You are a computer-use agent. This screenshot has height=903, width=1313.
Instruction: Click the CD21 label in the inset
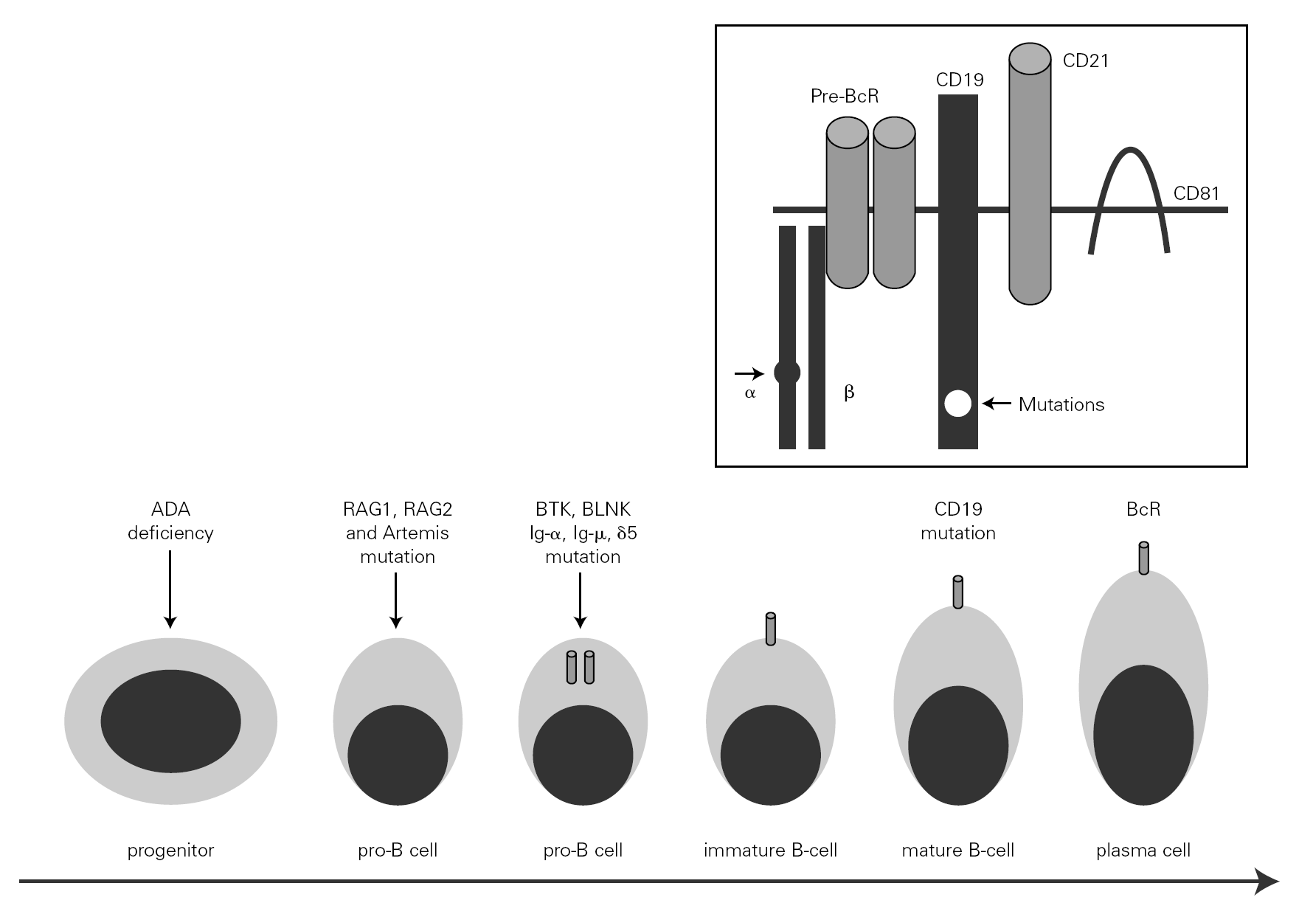click(1085, 60)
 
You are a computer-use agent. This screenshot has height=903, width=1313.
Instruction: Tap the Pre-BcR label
click(844, 97)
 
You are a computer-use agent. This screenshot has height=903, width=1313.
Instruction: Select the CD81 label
click(1196, 193)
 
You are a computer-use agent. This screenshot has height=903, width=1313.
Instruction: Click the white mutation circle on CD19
click(957, 404)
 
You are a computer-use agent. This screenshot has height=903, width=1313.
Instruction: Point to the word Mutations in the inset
click(1061, 404)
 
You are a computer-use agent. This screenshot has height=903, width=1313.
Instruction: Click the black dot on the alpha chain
click(787, 373)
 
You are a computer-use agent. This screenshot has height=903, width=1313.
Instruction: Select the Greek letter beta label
click(849, 392)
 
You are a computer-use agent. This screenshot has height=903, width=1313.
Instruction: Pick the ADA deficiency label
click(170, 521)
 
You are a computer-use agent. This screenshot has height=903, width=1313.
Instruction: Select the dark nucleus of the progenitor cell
click(170, 721)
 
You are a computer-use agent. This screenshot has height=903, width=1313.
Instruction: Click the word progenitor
click(170, 850)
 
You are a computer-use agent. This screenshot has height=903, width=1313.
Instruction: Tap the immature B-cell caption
click(770, 850)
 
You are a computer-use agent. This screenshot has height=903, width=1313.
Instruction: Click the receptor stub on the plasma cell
click(1143, 558)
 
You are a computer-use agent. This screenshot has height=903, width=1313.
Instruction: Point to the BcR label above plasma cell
click(1143, 509)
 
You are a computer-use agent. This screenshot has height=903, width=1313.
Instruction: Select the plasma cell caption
click(1143, 850)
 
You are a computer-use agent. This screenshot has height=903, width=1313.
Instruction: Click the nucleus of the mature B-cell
click(958, 745)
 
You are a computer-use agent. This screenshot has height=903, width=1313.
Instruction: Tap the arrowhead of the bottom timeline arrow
click(1267, 881)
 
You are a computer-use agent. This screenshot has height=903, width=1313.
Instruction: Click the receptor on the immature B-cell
click(771, 629)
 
